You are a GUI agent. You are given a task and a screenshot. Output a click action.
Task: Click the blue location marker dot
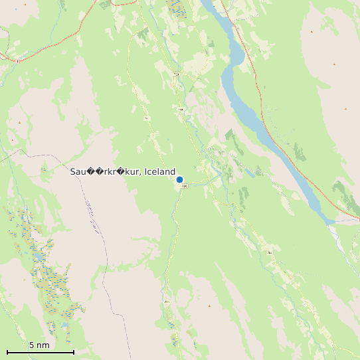coord(179,179)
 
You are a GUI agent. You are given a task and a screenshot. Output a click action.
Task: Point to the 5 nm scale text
coord(39,345)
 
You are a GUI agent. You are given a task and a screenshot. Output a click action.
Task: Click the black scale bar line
coord(40,352)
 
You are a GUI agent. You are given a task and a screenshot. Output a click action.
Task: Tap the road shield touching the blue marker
coord(185,186)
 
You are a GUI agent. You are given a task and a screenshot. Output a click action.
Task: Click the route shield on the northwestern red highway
coord(17,60)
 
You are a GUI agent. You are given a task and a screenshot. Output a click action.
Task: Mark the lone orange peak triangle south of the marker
coord(209,306)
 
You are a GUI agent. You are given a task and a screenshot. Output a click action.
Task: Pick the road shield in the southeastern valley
coord(269,253)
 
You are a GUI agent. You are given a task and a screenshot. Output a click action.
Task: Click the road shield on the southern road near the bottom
coord(167,302)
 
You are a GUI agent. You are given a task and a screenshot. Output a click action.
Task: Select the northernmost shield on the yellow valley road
coord(176,74)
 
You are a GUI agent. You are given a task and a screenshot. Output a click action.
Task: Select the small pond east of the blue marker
coord(250,174)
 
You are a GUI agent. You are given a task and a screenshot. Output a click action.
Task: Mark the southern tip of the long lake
coord(329,221)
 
